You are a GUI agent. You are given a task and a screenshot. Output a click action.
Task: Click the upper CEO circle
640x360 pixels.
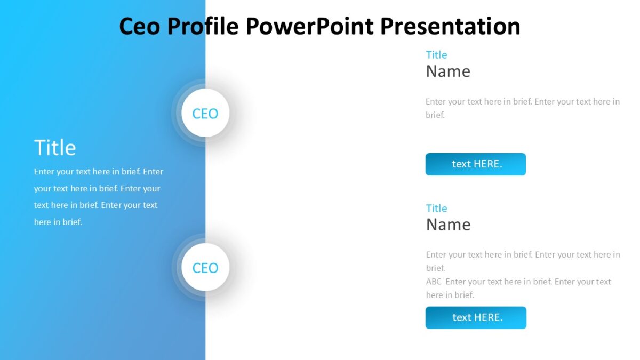click(x=205, y=113)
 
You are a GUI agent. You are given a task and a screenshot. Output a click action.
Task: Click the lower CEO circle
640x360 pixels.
click(x=205, y=267)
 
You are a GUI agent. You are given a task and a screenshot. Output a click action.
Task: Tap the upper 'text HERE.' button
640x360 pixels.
click(x=475, y=164)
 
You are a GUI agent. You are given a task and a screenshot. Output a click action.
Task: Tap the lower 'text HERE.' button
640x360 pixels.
click(x=476, y=318)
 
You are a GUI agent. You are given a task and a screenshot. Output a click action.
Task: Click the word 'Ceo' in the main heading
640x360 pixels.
click(x=139, y=27)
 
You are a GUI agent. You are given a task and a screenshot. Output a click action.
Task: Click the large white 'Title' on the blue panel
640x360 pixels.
click(x=55, y=148)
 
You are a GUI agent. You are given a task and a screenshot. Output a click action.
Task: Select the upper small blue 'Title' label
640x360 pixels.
click(x=436, y=55)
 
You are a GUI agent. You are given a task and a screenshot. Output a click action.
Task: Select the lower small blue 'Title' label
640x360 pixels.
click(x=436, y=209)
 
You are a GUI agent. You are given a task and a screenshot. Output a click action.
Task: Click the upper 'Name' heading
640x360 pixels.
click(x=448, y=71)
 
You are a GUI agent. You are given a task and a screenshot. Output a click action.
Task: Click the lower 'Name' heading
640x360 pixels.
click(x=448, y=225)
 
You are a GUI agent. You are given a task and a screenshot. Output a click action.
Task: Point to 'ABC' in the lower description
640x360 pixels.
click(x=434, y=282)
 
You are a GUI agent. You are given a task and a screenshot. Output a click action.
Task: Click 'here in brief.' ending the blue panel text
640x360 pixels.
click(x=58, y=222)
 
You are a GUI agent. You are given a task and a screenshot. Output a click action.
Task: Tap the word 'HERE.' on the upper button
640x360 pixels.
click(x=487, y=164)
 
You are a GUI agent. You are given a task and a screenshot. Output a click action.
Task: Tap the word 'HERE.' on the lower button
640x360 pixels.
click(x=488, y=318)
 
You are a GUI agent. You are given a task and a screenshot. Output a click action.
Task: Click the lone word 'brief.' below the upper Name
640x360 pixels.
click(x=435, y=115)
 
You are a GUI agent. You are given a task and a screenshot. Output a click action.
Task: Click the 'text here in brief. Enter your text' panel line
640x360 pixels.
click(x=96, y=205)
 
